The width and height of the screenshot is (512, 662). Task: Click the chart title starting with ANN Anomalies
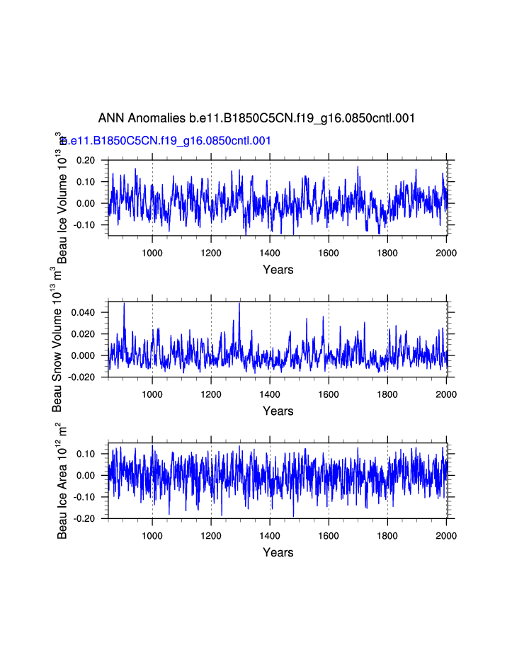coord(256,118)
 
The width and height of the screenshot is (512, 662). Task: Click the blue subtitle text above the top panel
coord(167,141)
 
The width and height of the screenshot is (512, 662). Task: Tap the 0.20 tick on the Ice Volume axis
coord(86,160)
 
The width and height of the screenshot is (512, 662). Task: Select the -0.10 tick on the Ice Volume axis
coord(84,225)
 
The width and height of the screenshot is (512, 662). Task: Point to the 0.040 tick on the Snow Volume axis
coord(84,312)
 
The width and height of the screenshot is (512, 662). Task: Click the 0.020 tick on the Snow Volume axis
coord(84,333)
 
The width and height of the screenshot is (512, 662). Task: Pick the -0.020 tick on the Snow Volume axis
coord(82,377)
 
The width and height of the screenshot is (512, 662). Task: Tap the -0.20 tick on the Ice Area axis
coord(84,518)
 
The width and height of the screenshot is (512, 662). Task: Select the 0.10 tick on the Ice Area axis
coord(86,453)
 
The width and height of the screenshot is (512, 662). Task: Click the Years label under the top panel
coord(278,270)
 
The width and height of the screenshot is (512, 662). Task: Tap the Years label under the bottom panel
coord(278,552)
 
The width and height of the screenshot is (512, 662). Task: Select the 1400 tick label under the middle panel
coord(270,394)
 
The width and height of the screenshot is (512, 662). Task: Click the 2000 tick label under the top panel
coord(446,253)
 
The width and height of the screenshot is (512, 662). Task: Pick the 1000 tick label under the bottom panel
coord(152,536)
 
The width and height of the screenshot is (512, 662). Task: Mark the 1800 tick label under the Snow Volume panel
coord(387,394)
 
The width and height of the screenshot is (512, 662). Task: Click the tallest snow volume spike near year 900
coord(124,303)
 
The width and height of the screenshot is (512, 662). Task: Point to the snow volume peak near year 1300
coord(239,303)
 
